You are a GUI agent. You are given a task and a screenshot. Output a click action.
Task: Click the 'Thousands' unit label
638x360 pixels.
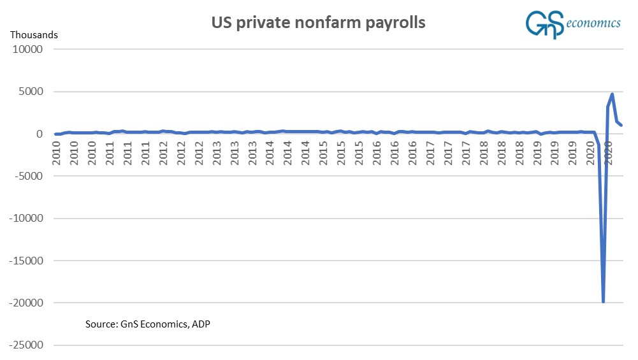coord(34,34)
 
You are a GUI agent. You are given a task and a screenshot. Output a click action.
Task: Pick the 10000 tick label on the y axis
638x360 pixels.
coord(27,50)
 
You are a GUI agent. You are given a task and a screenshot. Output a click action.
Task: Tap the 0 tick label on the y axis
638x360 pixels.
coord(39,134)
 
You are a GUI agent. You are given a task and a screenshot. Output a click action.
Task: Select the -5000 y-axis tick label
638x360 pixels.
coord(27,176)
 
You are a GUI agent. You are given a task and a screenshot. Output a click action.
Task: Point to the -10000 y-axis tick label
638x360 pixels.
coord(25,219)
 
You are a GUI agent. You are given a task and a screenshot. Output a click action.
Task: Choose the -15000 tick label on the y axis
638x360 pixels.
coord(25,261)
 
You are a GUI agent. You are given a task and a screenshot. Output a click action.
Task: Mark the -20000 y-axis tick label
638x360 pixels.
coord(25,303)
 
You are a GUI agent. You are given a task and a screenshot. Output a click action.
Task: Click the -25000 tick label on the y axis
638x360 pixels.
coord(25,345)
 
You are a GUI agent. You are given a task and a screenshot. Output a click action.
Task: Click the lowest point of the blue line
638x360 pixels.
coord(603,301)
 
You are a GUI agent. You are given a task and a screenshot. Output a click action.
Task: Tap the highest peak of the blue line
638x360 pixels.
coord(612,94)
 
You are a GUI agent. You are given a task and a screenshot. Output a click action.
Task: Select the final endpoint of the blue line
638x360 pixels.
coord(621,125)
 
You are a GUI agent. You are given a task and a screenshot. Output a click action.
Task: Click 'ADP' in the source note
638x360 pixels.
coord(200,324)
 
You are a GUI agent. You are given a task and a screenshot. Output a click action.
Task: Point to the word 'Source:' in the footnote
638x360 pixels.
coord(101,324)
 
